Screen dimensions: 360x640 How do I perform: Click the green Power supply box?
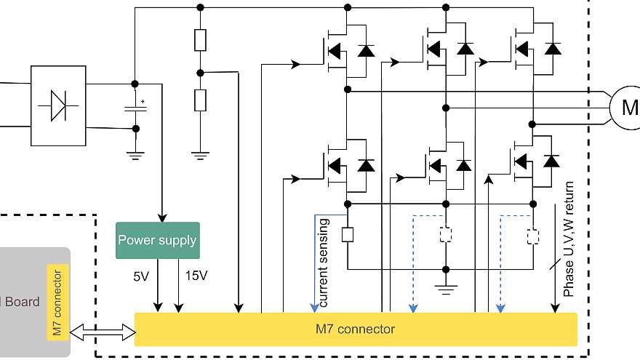[157, 240]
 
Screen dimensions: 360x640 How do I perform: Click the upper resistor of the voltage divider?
[200, 40]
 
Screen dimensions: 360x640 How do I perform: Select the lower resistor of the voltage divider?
[200, 100]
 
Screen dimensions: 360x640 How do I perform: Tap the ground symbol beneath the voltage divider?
[200, 153]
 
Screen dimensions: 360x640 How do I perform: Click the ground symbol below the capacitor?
[135, 153]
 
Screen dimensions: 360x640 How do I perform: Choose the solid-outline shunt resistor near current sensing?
[348, 235]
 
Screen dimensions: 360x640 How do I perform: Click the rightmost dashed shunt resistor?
[534, 236]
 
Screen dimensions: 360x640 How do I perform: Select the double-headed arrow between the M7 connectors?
[103, 332]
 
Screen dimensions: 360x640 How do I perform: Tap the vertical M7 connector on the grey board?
[58, 302]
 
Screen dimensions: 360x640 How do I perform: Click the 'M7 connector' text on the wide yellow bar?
[356, 329]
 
